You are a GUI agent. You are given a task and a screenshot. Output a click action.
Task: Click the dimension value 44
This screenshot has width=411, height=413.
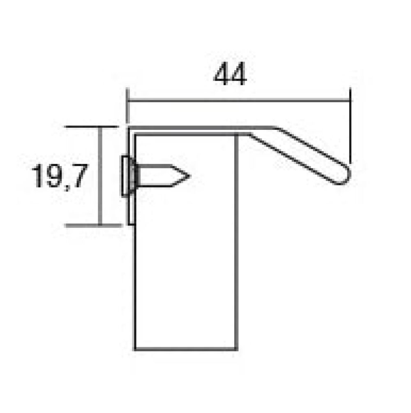click(x=230, y=74)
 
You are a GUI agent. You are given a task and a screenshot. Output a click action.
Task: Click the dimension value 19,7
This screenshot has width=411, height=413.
click(x=59, y=176)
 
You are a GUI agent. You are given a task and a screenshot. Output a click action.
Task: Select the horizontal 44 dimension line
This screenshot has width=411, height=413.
click(x=239, y=100)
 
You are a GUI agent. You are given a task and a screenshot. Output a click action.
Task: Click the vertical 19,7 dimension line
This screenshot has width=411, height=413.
click(x=100, y=176)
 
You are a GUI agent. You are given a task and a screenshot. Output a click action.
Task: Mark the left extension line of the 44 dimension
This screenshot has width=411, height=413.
click(x=127, y=106)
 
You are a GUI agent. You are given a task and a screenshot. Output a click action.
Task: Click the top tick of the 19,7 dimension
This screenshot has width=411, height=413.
click(x=91, y=127)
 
